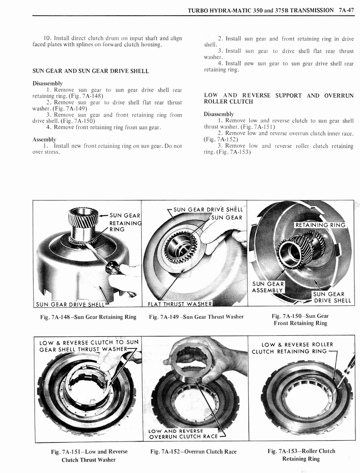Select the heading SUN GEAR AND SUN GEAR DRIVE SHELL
click(x=90, y=71)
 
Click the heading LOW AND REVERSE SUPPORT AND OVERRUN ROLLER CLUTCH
click(x=279, y=98)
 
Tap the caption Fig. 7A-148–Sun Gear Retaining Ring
click(x=87, y=317)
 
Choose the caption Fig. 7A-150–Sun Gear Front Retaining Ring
click(x=300, y=320)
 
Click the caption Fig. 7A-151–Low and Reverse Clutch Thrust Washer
click(x=89, y=455)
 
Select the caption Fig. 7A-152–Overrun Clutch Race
click(x=193, y=452)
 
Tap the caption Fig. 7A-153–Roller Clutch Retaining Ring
click(x=301, y=455)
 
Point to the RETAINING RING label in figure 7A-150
click(x=319, y=225)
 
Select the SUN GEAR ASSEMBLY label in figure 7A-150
click(x=268, y=287)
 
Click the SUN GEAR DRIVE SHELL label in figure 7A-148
click(x=71, y=303)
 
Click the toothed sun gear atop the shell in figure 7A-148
click(x=83, y=217)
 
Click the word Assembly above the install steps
click(x=44, y=139)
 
